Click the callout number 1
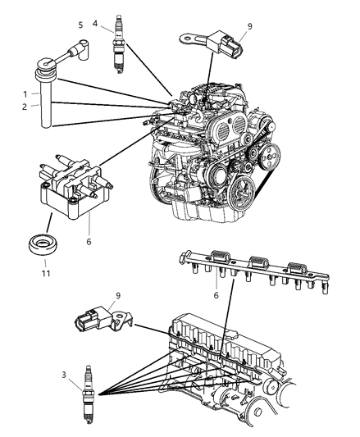pos(25,93)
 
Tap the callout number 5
pos(80,25)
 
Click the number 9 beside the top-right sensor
pos(249,26)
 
